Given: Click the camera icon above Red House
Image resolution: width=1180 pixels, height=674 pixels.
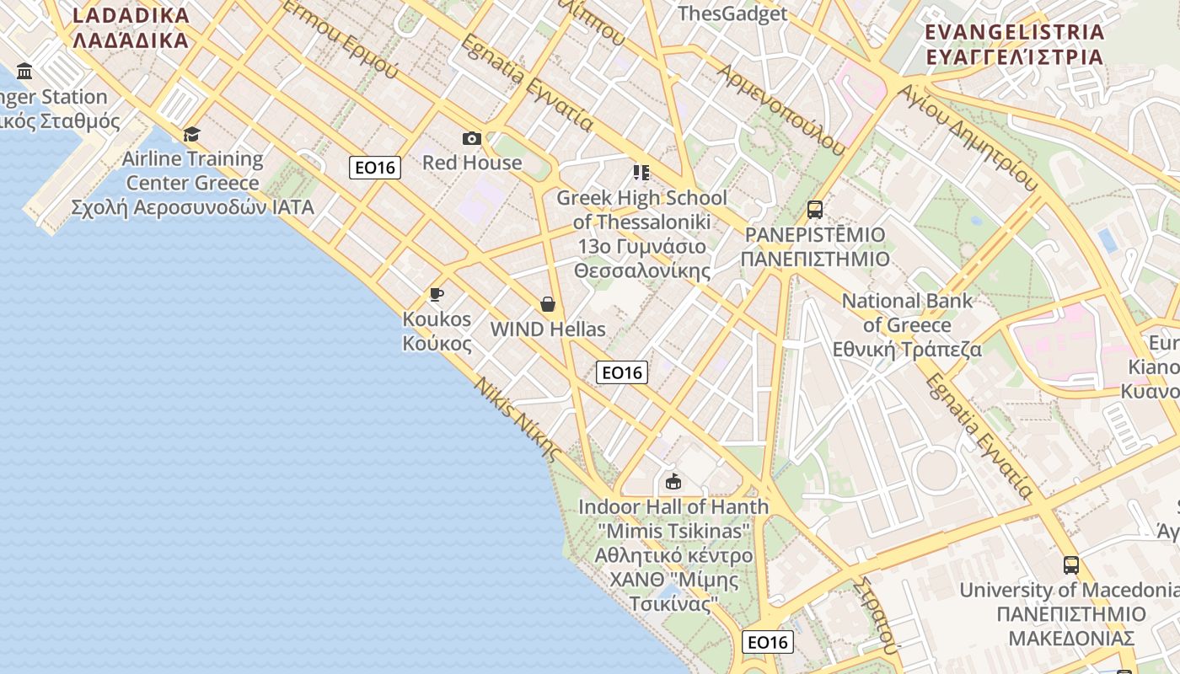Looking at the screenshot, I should point(472,138).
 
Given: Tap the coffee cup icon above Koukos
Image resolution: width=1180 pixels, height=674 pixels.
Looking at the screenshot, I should point(436,294).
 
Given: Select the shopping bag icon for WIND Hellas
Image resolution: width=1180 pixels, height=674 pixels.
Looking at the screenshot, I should point(548,304).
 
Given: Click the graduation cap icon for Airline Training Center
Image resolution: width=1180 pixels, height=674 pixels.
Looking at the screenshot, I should point(192,134).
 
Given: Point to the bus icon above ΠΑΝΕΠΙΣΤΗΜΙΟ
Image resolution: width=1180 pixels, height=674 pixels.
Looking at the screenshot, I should point(815,209).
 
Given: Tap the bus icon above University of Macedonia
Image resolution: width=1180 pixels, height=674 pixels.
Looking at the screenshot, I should point(1070,565).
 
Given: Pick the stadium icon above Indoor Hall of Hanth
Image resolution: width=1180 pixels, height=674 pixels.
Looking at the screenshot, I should point(673,482).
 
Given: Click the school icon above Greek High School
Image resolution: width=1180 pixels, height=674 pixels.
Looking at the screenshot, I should point(641,173).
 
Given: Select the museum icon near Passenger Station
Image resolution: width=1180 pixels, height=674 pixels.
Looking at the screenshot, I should point(24,71).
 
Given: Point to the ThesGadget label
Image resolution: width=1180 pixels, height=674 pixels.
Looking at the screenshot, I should point(732,13).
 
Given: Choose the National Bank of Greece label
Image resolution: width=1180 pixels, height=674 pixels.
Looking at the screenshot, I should point(907,324).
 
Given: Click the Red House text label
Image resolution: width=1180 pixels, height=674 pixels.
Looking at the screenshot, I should point(472,163).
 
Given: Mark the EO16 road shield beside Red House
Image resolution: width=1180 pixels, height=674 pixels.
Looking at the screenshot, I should point(375,168).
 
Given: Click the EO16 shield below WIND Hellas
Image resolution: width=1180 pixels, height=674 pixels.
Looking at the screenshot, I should point(622,372).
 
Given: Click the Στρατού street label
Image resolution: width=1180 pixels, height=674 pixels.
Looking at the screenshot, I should point(874,614).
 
